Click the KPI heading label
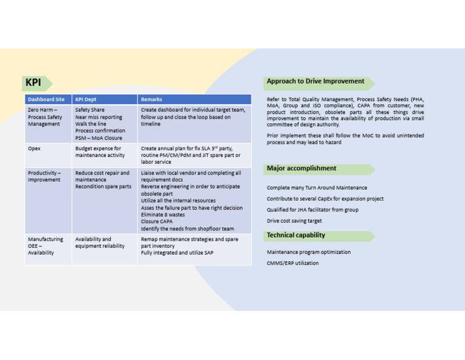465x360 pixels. [33, 83]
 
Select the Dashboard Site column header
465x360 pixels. [46, 99]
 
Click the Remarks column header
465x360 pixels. [151, 99]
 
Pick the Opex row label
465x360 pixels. [34, 148]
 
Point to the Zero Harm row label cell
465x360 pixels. [45, 117]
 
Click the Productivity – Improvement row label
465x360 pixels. [44, 176]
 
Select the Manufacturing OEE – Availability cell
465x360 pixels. [45, 245]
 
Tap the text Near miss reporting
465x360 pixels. [98, 117]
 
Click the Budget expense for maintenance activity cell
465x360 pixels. [98, 152]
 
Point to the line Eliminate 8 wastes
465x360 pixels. [163, 215]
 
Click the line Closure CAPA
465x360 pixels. [157, 222]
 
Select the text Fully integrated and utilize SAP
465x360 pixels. [177, 253]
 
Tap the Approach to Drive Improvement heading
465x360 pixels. [315, 81]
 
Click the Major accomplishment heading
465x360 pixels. [302, 168]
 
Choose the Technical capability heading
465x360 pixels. [296, 235]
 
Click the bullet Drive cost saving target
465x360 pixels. [294, 221]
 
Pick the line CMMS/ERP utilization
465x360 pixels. [292, 263]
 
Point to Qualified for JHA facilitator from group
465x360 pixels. [312, 210]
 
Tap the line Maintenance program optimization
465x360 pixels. [309, 252]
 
